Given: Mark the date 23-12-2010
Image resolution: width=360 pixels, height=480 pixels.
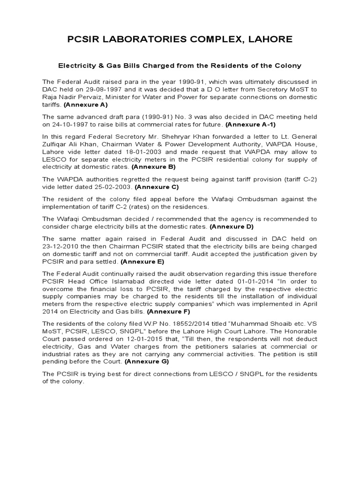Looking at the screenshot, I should [59, 246].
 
